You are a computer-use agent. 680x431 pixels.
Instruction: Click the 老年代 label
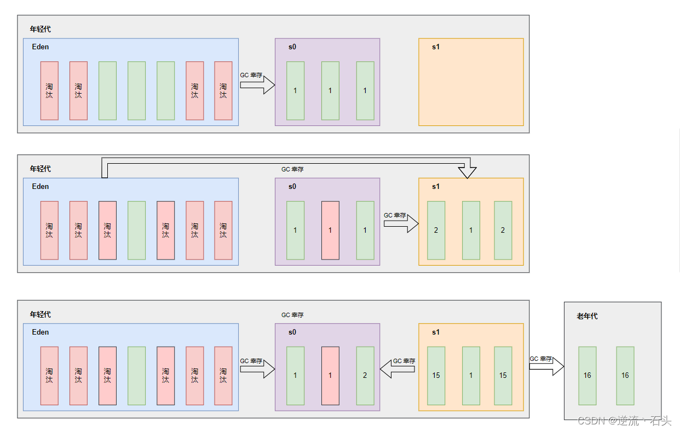pyautogui.click(x=587, y=316)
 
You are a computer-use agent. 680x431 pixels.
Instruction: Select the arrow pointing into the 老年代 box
pyautogui.click(x=546, y=366)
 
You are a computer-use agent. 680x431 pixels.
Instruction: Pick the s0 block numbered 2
pyautogui.click(x=365, y=375)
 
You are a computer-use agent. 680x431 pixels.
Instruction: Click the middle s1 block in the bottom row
pyautogui.click(x=471, y=375)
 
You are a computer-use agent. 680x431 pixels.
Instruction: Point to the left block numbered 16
pyautogui.click(x=587, y=375)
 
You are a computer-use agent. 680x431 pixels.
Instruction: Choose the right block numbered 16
pyautogui.click(x=625, y=375)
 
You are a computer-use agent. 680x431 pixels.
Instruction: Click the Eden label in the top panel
pyautogui.click(x=41, y=47)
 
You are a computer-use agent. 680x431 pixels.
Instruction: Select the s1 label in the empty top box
pyautogui.click(x=436, y=47)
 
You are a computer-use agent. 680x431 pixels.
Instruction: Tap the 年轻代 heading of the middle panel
pyautogui.click(x=41, y=169)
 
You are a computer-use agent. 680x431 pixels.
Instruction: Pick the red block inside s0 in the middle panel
pyautogui.click(x=330, y=230)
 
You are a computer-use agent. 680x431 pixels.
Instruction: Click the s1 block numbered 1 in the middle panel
pyautogui.click(x=471, y=230)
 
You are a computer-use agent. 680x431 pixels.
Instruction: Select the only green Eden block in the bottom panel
pyautogui.click(x=136, y=375)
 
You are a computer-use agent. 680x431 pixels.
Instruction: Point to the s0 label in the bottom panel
pyautogui.click(x=292, y=332)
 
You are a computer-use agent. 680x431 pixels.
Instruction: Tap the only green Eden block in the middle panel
pyautogui.click(x=136, y=230)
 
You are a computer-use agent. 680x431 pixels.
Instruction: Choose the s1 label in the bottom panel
pyautogui.click(x=436, y=332)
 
